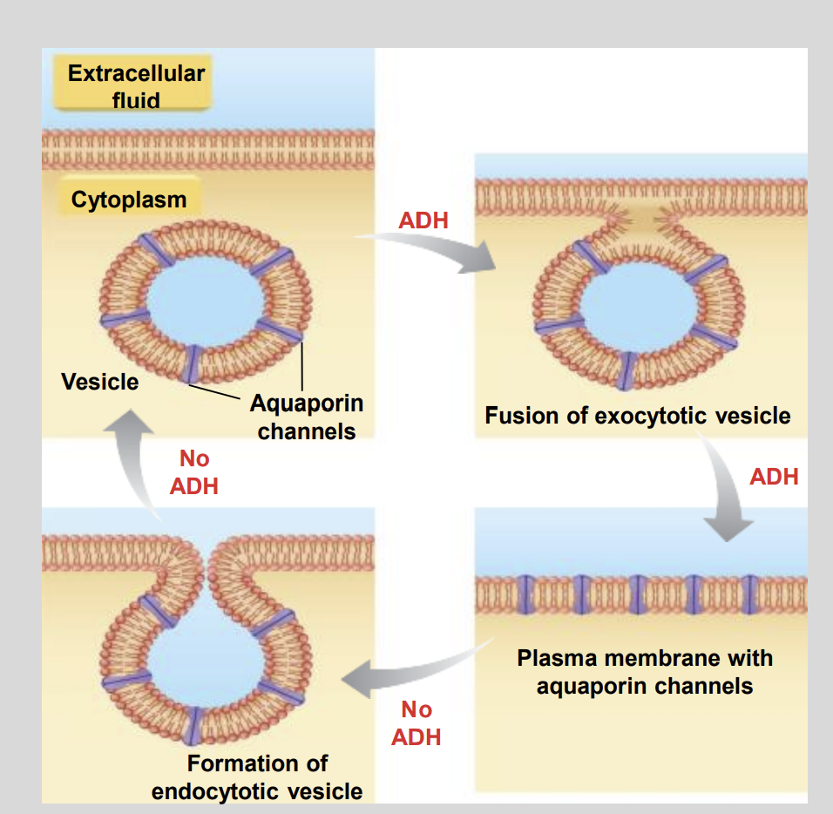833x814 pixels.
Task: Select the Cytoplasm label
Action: [x=129, y=200]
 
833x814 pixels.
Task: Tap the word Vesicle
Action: [x=99, y=382]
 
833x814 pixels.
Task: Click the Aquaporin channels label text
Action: [x=307, y=417]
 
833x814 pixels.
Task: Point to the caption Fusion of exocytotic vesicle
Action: [x=637, y=416]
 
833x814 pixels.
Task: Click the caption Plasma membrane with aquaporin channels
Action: [x=644, y=671]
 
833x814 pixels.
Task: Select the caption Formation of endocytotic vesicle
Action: [x=257, y=777]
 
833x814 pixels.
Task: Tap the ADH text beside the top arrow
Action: [x=423, y=220]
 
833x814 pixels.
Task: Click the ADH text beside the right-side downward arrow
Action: [x=774, y=477]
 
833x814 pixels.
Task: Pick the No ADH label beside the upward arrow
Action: [x=194, y=472]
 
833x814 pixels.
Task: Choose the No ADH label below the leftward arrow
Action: [x=416, y=723]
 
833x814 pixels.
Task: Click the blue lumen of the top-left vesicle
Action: [x=202, y=301]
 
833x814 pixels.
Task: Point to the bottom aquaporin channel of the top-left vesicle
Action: [x=192, y=363]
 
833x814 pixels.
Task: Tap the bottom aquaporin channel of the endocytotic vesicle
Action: [x=193, y=724]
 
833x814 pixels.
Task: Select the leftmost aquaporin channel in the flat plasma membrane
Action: [x=524, y=592]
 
